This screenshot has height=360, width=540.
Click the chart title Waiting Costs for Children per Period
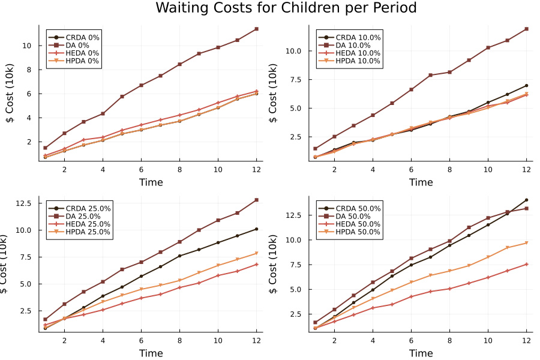point(286,8)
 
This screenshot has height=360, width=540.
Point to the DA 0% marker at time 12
point(256,29)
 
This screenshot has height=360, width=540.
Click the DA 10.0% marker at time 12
point(526,29)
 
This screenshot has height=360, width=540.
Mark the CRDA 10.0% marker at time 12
point(526,86)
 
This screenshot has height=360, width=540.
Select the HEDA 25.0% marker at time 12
point(256,264)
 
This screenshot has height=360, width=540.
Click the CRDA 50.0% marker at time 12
point(526,200)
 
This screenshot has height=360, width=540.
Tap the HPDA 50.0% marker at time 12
point(526,242)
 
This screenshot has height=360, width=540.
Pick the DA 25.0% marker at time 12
point(256,200)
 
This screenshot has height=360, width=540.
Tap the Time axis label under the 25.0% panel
point(151,353)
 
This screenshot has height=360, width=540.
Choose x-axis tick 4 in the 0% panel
point(103,169)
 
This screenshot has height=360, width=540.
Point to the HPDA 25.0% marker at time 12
point(256,253)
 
